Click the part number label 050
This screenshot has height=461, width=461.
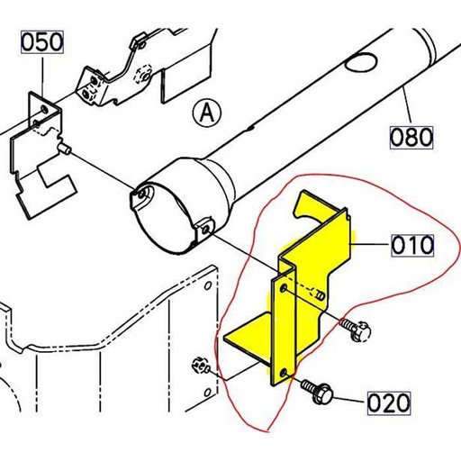41,41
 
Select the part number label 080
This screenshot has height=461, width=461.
411,138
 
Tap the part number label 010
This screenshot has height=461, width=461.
412,245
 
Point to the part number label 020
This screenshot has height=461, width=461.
389,402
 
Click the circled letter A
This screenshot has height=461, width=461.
206,113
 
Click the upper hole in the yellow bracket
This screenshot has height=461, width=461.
285,288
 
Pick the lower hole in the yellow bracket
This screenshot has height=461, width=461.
285,370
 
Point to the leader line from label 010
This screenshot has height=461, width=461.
369,245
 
